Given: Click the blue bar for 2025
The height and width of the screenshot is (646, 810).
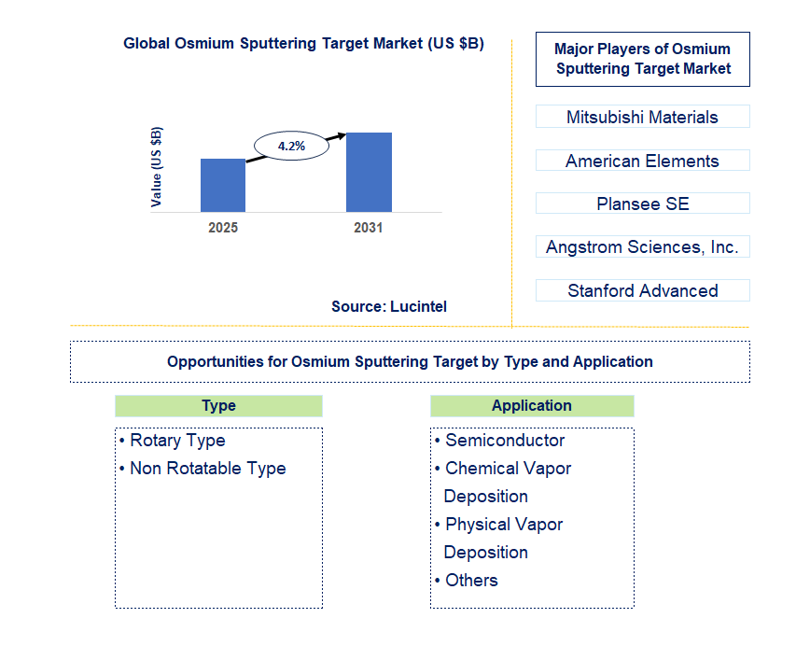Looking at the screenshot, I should [223, 185].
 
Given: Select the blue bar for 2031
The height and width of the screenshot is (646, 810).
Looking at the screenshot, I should [369, 172].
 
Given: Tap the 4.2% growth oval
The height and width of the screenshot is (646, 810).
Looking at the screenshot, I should [292, 146].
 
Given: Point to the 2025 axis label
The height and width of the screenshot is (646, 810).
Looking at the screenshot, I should [223, 228].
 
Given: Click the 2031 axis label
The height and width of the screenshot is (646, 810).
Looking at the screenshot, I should [369, 228].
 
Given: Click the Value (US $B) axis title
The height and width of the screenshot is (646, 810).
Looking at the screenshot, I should [157, 167].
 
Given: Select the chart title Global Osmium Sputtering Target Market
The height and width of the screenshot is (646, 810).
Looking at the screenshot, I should [303, 44].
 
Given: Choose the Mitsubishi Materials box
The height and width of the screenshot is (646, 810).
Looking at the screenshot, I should [642, 117].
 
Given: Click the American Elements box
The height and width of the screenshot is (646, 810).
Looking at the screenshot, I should [642, 161].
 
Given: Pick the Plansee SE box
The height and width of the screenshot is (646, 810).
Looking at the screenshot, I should [642, 204].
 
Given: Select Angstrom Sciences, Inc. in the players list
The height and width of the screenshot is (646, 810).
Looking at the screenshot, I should [642, 246].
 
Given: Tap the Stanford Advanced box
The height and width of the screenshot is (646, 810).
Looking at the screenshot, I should [642, 290].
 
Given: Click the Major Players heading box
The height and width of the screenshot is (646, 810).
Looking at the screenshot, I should [642, 59].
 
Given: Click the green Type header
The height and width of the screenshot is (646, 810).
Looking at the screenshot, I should [218, 405].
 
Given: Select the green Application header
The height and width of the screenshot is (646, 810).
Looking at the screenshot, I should [532, 405].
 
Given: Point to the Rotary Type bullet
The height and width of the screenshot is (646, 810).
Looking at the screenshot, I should [177, 441].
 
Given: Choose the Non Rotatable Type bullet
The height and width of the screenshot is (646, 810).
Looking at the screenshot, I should [207, 469].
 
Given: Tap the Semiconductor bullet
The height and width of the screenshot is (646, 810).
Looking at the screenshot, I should [505, 441].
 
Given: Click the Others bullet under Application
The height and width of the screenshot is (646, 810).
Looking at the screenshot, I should [471, 581].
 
